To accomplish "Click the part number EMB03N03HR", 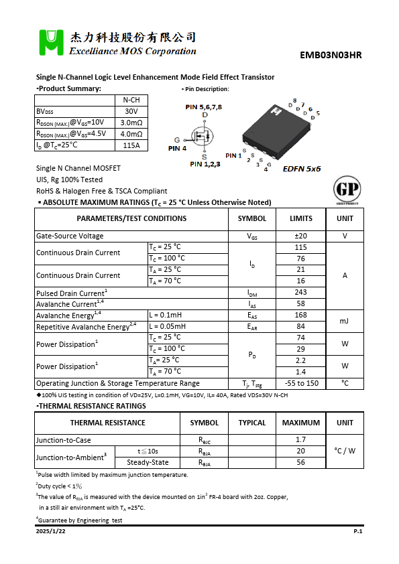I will [x=331, y=56].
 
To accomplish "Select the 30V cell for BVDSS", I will [x=131, y=111].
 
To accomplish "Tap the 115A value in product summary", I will [x=131, y=145].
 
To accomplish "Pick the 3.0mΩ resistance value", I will [x=131, y=123].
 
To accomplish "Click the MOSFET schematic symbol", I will [x=203, y=136].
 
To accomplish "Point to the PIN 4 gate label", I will [x=176, y=148].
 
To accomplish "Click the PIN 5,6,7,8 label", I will [x=204, y=107].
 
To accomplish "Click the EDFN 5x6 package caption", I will [x=302, y=169].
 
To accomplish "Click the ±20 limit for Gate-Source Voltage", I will [x=300, y=236].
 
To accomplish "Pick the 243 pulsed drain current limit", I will [x=300, y=293].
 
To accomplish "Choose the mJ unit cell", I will [x=345, y=321].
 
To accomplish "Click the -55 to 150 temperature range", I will [x=300, y=383].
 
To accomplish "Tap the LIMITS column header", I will [x=300, y=218].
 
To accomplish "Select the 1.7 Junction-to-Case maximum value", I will [x=300, y=439].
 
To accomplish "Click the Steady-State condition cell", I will [x=148, y=462].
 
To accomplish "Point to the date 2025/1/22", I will [x=51, y=531].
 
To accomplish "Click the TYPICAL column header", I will [x=252, y=423].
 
